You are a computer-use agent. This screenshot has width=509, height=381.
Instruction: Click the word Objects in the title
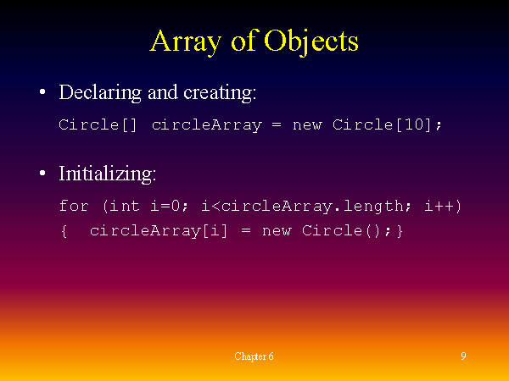[x=311, y=41]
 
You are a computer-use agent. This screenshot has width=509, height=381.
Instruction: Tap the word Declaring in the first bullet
[x=96, y=91]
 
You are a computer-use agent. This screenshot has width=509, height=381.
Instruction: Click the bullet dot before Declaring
[x=42, y=92]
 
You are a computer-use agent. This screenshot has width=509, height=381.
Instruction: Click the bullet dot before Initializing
[x=42, y=174]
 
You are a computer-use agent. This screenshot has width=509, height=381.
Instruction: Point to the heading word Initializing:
[x=107, y=174]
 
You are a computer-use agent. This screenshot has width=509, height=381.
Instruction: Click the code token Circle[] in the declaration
[x=98, y=125]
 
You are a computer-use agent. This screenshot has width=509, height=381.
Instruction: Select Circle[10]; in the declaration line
[x=388, y=125]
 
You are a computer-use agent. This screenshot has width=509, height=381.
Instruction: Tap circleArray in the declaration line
[x=206, y=125]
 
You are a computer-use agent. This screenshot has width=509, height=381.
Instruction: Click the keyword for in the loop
[x=74, y=207]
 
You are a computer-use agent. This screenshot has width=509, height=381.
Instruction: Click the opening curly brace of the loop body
[x=64, y=230]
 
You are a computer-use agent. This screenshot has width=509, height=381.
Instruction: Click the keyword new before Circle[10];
[x=307, y=125]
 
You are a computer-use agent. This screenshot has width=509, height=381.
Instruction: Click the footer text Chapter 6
[x=254, y=356]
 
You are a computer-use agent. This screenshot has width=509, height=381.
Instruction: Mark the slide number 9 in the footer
[x=463, y=356]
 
